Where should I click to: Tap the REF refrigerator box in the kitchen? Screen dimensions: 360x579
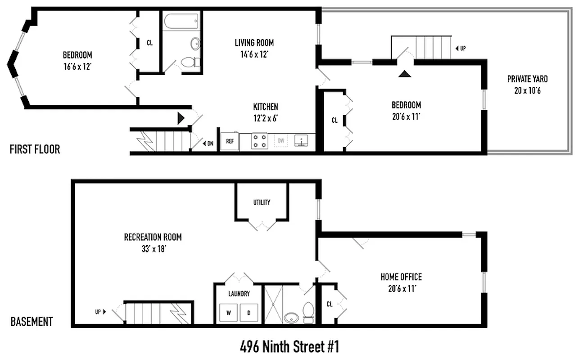[x=230, y=141]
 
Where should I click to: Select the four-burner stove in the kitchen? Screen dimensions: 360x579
[x=259, y=141]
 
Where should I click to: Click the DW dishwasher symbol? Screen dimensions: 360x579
[x=281, y=141]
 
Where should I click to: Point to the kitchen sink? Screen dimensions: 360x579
[x=301, y=141]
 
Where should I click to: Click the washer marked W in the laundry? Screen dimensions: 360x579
[x=228, y=312]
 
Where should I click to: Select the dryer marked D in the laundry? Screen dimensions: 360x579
[x=249, y=312]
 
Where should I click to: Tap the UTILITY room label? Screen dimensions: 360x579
[x=262, y=202]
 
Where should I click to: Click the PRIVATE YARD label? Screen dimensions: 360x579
[x=527, y=79]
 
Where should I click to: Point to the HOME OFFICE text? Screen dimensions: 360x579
[x=401, y=277]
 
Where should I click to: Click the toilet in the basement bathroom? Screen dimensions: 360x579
[x=309, y=313]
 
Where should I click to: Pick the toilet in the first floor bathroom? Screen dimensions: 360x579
[x=189, y=62]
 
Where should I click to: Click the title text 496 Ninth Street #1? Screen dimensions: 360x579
[x=289, y=347]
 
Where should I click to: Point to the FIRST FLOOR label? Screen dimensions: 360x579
[x=35, y=149]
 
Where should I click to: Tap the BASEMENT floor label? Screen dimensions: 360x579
[x=32, y=322]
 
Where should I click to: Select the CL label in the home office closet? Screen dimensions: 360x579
[x=330, y=304]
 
